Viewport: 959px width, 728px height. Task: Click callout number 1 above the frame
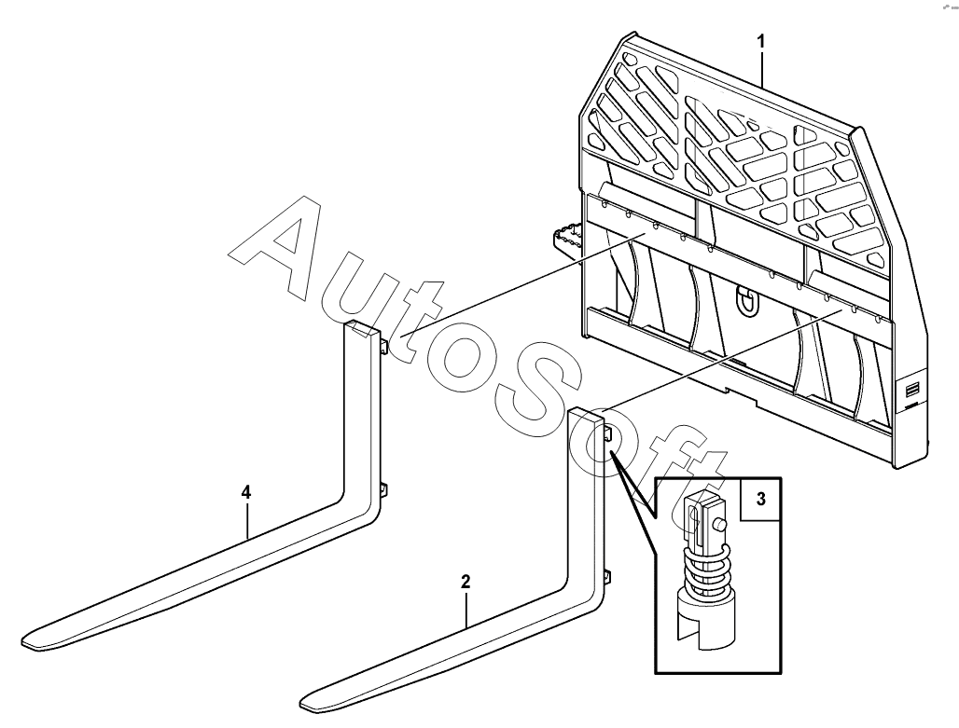761,42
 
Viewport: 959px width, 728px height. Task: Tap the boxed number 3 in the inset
760,499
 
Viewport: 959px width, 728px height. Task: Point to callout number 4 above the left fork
246,491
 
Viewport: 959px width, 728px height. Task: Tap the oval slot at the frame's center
744,300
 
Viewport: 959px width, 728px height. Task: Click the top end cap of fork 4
361,327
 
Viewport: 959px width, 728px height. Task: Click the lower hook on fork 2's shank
606,578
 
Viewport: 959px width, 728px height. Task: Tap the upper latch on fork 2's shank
607,434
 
